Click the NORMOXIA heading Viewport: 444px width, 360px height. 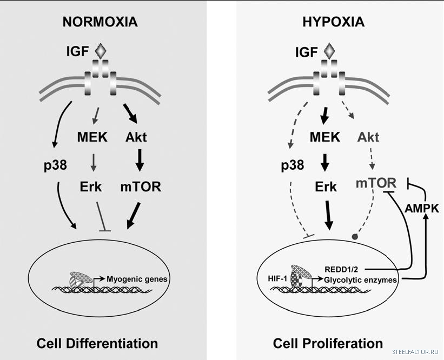[x=100, y=22]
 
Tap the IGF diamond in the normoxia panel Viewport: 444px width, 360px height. [x=101, y=52]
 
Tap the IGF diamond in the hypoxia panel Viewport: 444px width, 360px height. [x=328, y=52]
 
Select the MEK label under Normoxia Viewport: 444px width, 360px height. [x=89, y=137]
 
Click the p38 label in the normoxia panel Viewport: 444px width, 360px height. [x=53, y=165]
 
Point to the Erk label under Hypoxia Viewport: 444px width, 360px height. [x=325, y=187]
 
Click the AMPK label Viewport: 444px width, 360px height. [x=425, y=207]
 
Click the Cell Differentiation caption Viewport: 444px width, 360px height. [x=97, y=343]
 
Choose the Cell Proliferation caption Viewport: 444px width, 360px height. [x=328, y=343]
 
